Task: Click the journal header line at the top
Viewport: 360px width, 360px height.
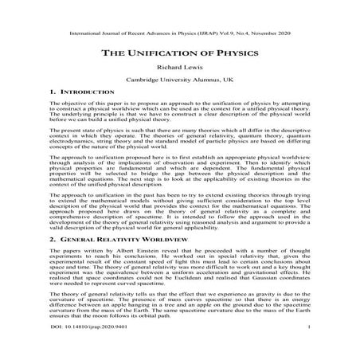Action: pos(179,34)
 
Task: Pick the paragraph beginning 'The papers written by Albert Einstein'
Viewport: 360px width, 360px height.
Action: pos(179,268)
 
